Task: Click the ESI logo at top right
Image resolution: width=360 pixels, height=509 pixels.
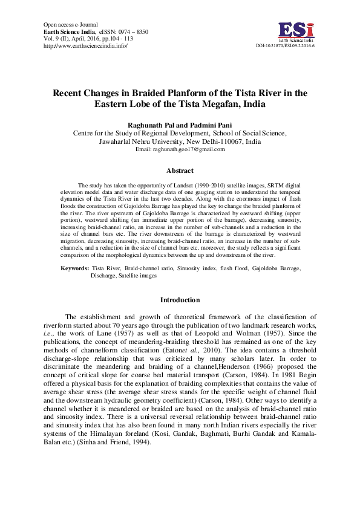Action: click(296, 31)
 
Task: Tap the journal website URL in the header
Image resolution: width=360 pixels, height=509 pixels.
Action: click(86, 45)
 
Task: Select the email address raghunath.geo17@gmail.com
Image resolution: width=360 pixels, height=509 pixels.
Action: click(189, 149)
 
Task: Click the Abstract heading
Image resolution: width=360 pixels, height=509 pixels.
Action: click(180, 171)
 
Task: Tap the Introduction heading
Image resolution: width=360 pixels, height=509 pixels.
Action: click(180, 300)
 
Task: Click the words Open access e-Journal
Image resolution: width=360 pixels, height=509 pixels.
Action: click(70, 24)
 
